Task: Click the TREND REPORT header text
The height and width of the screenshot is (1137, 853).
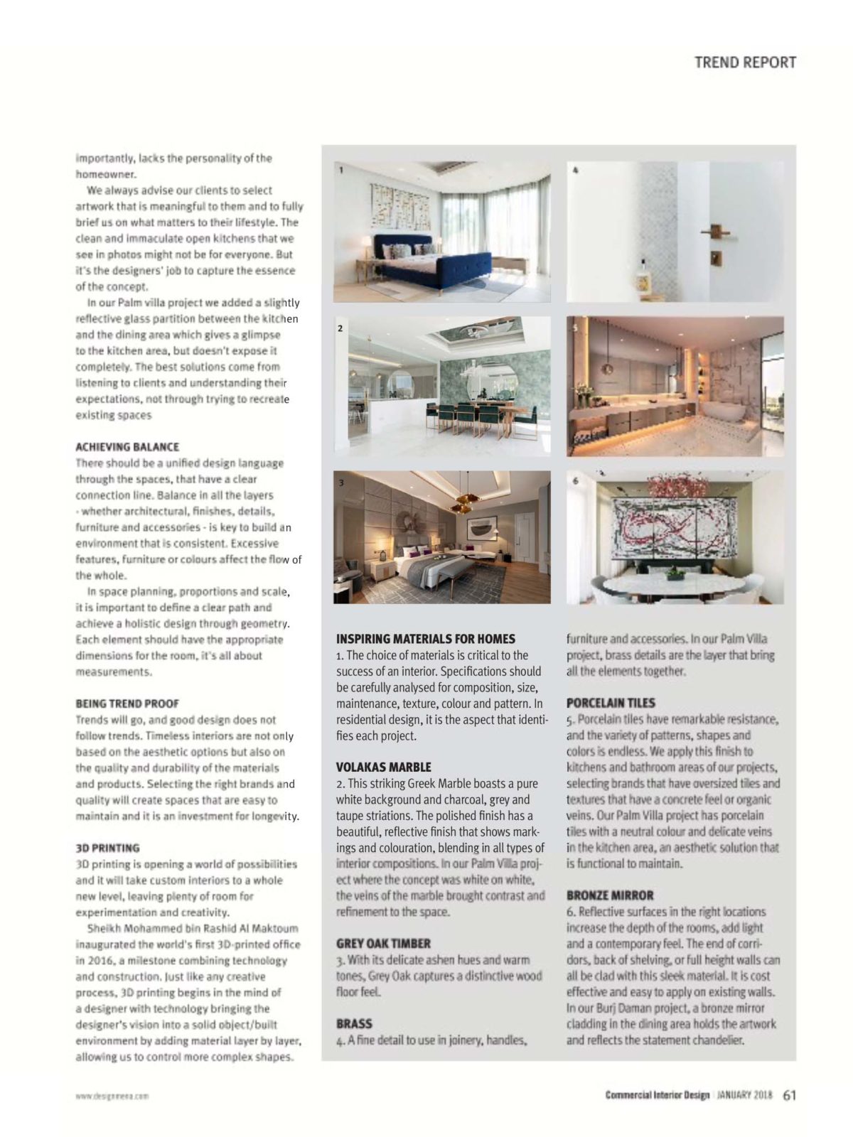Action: [x=745, y=63]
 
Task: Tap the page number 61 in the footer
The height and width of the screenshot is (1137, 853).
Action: [x=789, y=1095]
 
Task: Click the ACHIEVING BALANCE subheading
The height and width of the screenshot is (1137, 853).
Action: [x=127, y=447]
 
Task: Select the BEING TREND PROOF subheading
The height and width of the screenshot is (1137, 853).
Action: [x=127, y=704]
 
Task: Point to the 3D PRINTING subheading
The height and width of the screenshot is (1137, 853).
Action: [x=107, y=848]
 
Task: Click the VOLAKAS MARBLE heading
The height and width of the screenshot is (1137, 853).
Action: [x=383, y=767]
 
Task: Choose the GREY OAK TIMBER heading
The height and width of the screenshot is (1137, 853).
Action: [x=383, y=944]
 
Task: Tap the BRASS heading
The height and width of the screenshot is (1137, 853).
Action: [x=354, y=1024]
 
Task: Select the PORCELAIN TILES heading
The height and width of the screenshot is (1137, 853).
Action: [x=611, y=703]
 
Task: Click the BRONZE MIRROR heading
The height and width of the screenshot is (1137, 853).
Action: [x=610, y=895]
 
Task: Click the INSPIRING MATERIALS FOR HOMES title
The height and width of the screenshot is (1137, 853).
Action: [x=426, y=639]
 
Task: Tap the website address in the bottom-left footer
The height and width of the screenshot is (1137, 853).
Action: [x=112, y=1096]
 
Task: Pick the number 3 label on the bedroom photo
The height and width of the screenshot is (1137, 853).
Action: [x=341, y=483]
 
